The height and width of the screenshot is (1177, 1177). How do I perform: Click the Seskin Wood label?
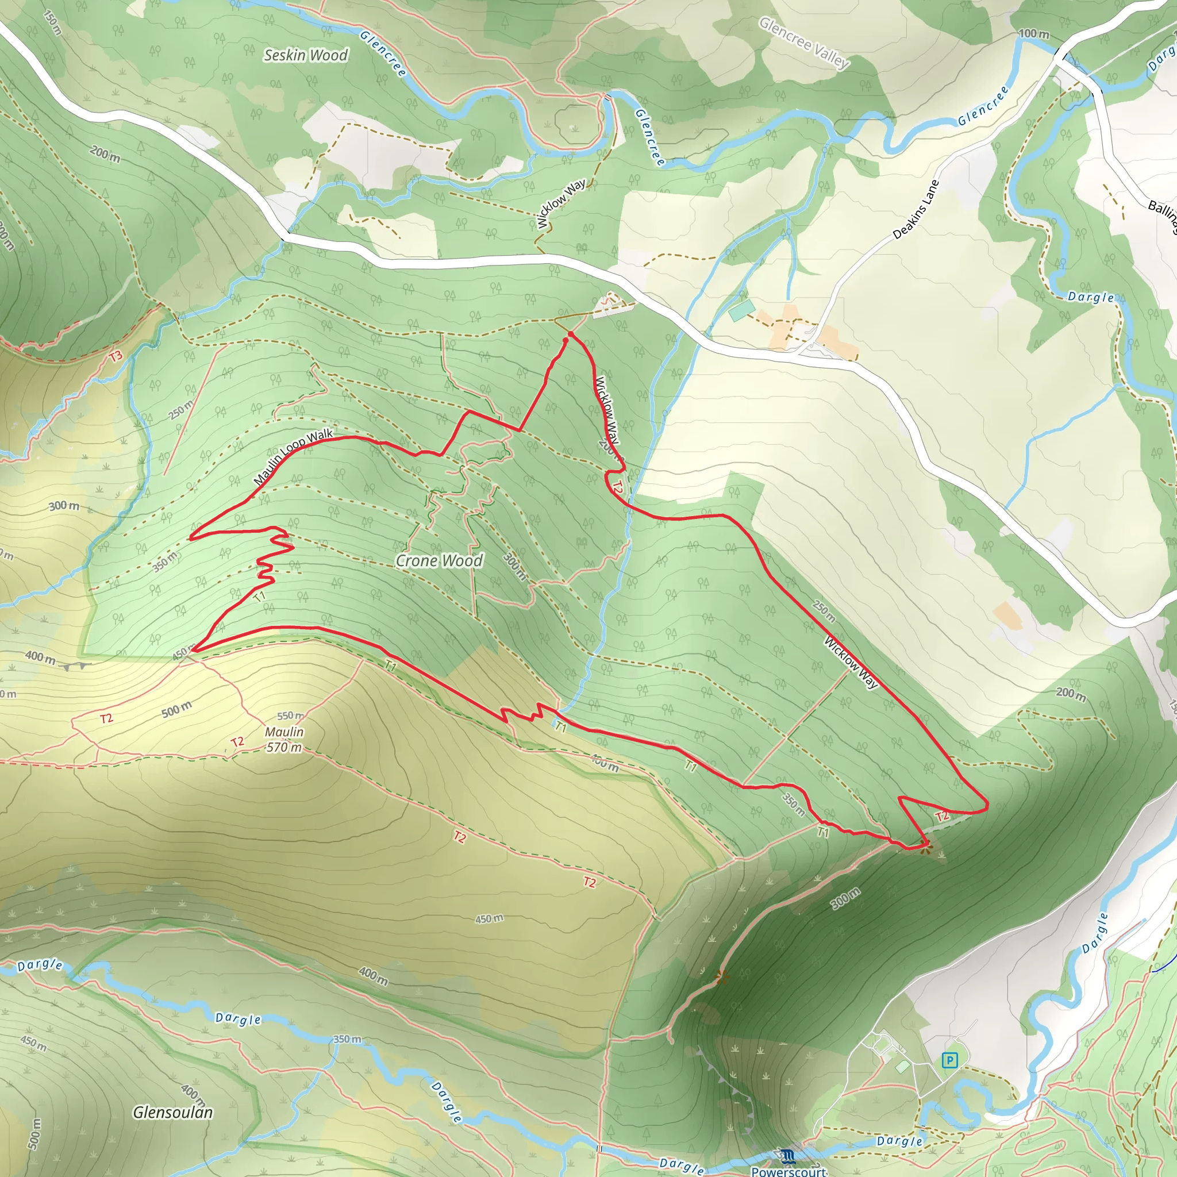pyautogui.click(x=305, y=55)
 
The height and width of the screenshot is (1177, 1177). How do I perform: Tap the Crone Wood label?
pyautogui.click(x=439, y=560)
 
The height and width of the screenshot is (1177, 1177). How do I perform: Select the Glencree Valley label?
pyautogui.click(x=803, y=43)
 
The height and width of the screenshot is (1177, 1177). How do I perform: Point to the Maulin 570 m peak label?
pyautogui.click(x=284, y=739)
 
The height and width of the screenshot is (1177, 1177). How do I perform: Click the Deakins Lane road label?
pyautogui.click(x=916, y=209)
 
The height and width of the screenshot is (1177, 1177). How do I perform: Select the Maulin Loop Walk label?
pyautogui.click(x=293, y=456)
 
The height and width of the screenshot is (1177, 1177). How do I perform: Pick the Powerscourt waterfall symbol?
pyautogui.click(x=788, y=1155)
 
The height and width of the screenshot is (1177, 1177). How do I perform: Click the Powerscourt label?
pyautogui.click(x=788, y=1170)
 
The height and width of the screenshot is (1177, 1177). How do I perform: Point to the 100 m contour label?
pyautogui.click(x=1034, y=33)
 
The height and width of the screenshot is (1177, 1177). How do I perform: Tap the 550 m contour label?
pyautogui.click(x=290, y=716)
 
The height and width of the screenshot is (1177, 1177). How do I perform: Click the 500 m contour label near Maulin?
pyautogui.click(x=176, y=710)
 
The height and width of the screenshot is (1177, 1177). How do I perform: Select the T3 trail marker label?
pyautogui.click(x=116, y=355)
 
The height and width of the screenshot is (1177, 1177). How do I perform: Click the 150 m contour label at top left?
pyautogui.click(x=52, y=22)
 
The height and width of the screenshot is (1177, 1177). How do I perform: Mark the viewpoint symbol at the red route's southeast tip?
pyautogui.click(x=925, y=847)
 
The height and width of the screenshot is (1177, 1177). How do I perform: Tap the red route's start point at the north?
pyautogui.click(x=570, y=334)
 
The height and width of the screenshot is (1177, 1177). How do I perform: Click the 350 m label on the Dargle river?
pyautogui.click(x=347, y=1039)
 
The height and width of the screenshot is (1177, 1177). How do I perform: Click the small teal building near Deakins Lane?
pyautogui.click(x=741, y=310)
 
